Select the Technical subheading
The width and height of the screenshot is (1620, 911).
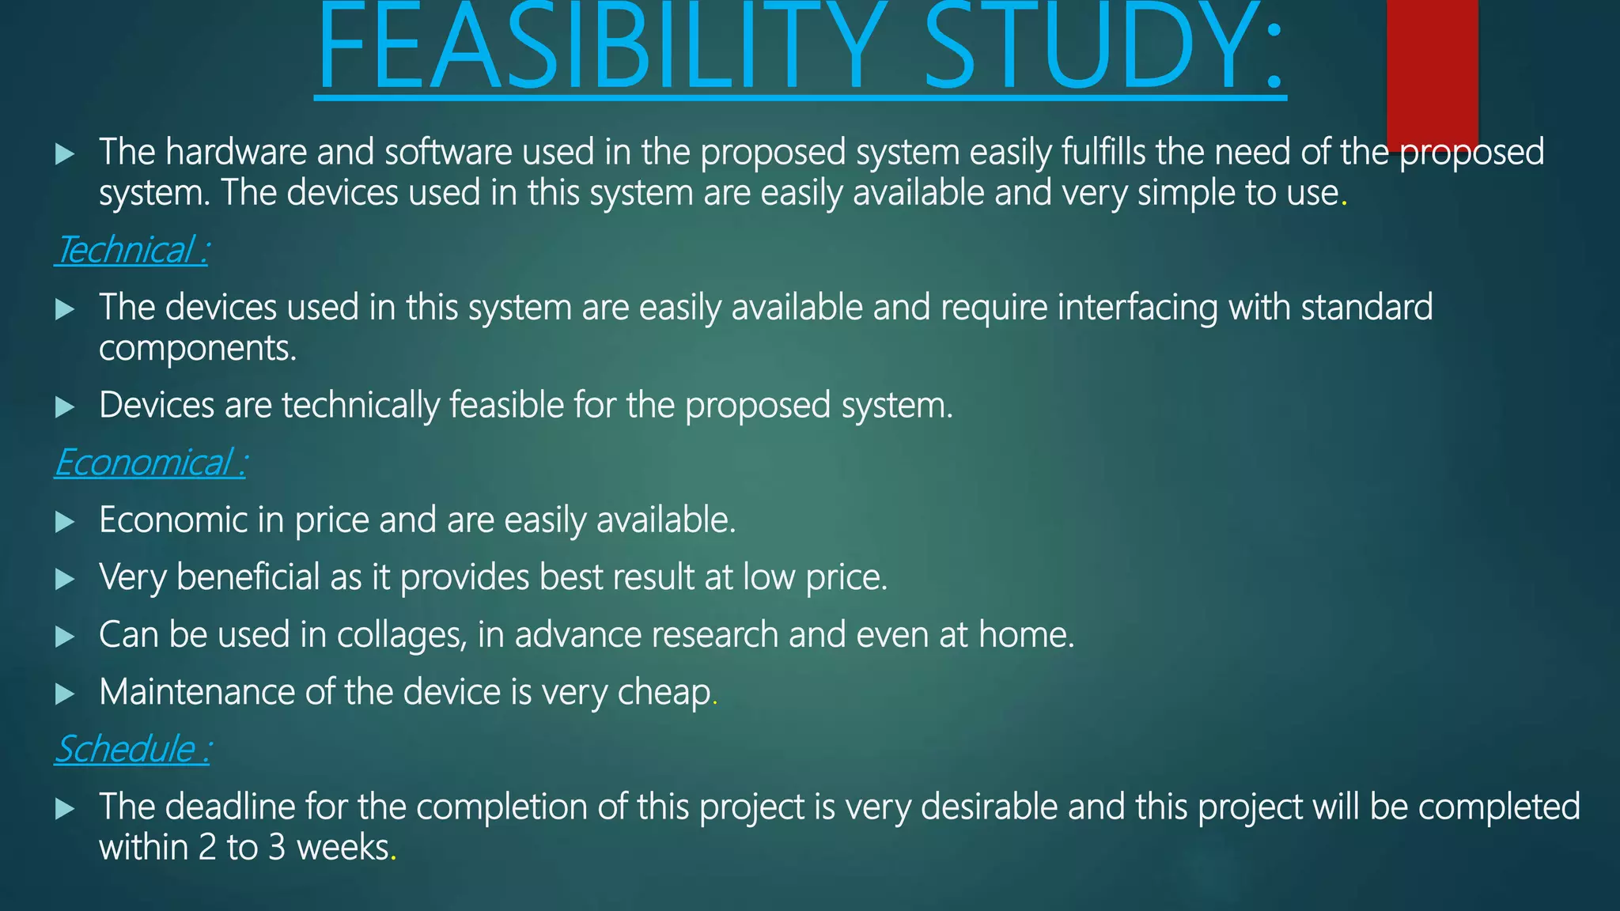131,251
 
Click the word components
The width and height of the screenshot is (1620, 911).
197,349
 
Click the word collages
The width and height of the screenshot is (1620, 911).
401,635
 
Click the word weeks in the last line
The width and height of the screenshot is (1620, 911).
343,848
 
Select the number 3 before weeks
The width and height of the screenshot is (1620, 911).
276,848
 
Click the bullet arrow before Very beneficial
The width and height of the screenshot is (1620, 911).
65,580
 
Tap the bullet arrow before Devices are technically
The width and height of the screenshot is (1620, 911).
65,407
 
